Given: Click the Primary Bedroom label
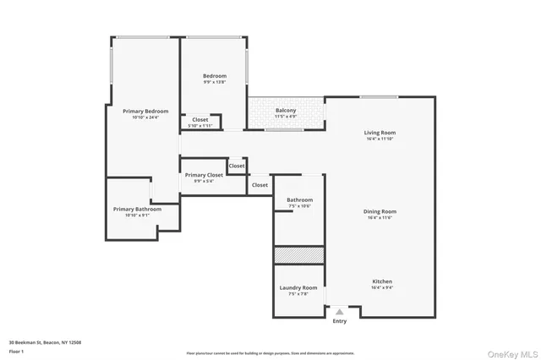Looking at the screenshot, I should [145, 112].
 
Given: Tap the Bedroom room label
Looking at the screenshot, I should [215, 77].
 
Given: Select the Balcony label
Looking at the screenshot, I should [286, 110].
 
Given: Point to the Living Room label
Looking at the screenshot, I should [380, 133].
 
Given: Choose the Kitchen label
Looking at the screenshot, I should [382, 281].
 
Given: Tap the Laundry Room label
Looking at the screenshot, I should [298, 288].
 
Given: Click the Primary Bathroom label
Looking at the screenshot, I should [137, 209].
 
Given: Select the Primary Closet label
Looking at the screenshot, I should [204, 175].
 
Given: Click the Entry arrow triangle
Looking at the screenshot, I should [340, 312].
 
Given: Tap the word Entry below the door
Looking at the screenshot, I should [340, 321].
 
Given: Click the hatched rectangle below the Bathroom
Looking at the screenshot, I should [298, 255].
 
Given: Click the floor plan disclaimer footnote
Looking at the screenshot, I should [270, 353].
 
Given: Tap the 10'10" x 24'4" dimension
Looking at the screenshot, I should [145, 117].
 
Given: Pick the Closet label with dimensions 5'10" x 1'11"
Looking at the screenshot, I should [200, 125].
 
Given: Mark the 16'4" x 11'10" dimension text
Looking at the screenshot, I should [380, 139].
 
